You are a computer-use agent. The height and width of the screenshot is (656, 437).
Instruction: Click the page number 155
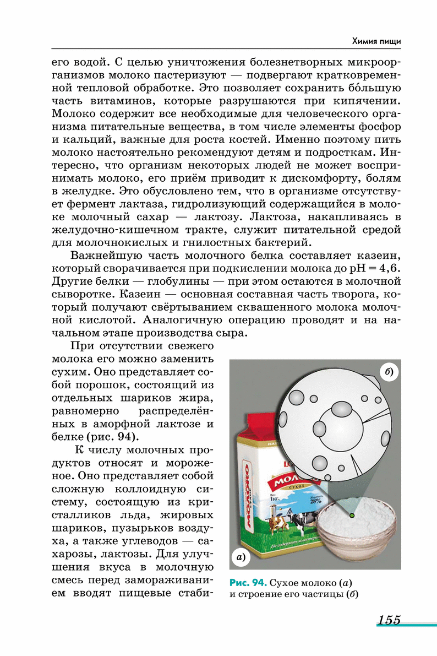[x=389, y=620]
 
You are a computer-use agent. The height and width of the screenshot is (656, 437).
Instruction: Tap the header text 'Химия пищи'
[x=376, y=41]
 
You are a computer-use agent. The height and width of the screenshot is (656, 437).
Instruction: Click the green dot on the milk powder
[x=351, y=516]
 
